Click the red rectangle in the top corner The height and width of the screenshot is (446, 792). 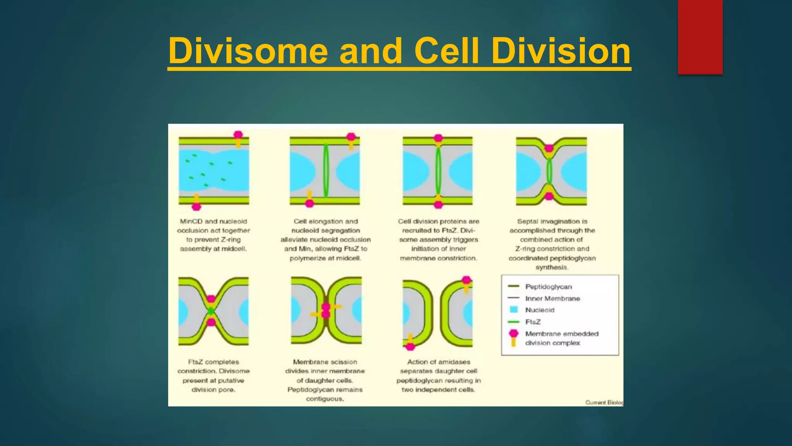click(x=700, y=37)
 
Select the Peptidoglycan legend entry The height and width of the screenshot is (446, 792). click(x=548, y=287)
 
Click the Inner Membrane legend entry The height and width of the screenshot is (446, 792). click(x=552, y=298)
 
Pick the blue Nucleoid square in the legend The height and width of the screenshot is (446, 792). click(x=514, y=310)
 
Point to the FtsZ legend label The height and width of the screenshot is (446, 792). click(x=533, y=322)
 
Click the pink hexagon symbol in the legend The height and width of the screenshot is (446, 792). click(x=514, y=334)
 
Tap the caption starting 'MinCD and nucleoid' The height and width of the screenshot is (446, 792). click(x=213, y=235)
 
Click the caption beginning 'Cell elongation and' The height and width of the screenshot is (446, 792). click(x=325, y=240)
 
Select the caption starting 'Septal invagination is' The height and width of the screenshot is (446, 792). click(x=552, y=244)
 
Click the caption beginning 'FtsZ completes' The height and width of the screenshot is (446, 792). click(x=213, y=376)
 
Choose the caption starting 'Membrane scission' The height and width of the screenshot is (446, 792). click(x=325, y=380)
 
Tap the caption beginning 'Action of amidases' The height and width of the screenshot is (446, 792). click(x=439, y=376)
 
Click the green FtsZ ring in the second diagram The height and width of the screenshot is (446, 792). click(x=326, y=170)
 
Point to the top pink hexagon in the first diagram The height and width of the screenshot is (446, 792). click(x=238, y=135)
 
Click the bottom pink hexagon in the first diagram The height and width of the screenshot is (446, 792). click(x=196, y=206)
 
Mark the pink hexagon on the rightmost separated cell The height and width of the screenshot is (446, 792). click(x=467, y=280)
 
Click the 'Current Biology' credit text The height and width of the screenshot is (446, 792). click(x=604, y=402)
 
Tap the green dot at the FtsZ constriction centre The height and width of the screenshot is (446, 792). click(x=211, y=310)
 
